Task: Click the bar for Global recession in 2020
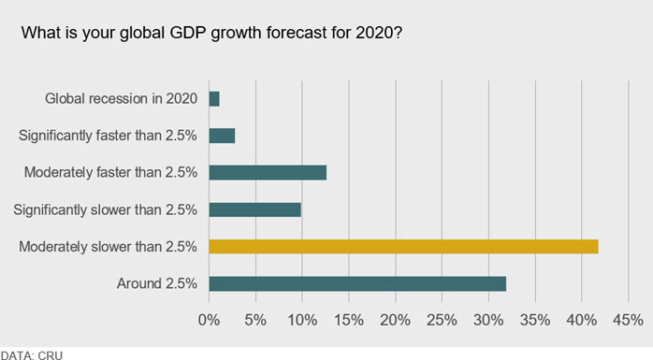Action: click(x=214, y=99)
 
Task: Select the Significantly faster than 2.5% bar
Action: click(x=222, y=136)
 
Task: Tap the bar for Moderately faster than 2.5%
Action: click(x=268, y=172)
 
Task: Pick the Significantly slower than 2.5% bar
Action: click(x=254, y=209)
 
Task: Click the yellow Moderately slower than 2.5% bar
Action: click(x=403, y=246)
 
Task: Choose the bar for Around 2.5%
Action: click(x=357, y=283)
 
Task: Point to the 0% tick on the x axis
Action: click(x=209, y=320)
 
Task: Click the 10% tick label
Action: click(x=302, y=320)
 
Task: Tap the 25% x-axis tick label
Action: click(x=442, y=320)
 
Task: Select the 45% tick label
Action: click(x=628, y=320)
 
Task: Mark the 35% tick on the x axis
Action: click(x=535, y=320)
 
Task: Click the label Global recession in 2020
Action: click(x=122, y=98)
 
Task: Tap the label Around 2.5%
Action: click(x=157, y=283)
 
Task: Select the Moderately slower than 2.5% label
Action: click(x=108, y=247)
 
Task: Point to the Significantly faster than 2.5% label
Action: click(x=108, y=136)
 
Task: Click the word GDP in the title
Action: click(x=187, y=33)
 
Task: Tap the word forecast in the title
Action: click(x=297, y=33)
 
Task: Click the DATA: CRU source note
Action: click(x=32, y=356)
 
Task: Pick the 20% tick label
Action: click(x=395, y=320)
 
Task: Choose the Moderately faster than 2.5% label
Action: click(x=110, y=172)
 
